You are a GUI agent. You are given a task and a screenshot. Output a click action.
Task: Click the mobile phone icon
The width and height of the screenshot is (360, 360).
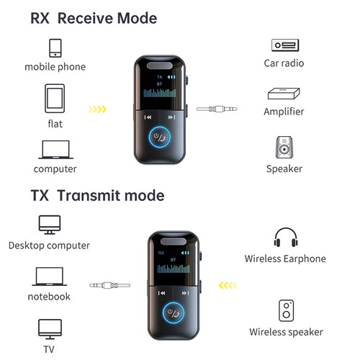(55, 48)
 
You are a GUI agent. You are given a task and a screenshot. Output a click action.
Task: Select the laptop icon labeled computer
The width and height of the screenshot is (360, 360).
(55, 149)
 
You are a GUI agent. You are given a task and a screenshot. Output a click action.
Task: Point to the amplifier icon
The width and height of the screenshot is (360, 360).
(283, 93)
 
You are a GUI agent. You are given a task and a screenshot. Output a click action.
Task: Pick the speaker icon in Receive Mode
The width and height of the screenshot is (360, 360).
(283, 147)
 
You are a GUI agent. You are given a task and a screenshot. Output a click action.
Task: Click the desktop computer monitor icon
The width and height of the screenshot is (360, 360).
(50, 224)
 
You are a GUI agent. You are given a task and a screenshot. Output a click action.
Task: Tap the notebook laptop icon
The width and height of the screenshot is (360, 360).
(49, 276)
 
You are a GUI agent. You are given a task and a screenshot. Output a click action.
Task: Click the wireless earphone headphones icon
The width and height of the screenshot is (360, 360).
(285, 238)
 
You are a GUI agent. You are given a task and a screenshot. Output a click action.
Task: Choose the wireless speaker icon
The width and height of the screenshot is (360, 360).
(285, 310)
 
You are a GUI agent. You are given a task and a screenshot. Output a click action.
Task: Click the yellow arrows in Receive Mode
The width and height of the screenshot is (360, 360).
(97, 110)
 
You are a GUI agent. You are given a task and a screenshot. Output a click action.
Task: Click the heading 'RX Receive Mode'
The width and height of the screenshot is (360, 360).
(94, 17)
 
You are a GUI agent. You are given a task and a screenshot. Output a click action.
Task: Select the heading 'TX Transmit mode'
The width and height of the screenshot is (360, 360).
(97, 196)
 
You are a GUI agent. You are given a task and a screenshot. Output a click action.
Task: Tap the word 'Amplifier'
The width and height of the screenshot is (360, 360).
(284, 112)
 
